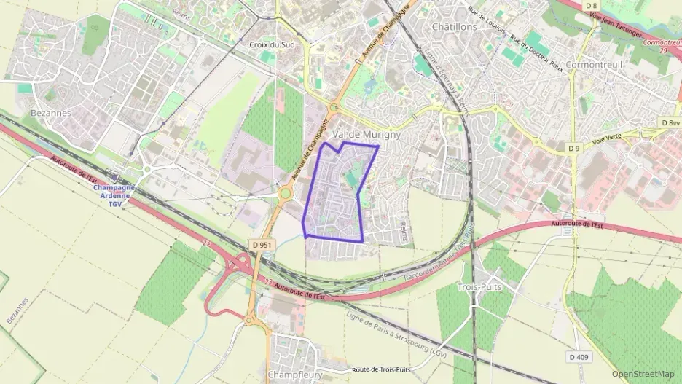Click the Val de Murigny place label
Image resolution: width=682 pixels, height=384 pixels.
pyautogui.click(x=366, y=135)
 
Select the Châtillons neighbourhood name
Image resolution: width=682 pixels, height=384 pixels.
pyautogui.click(x=454, y=26)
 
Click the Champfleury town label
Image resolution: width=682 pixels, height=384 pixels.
pyautogui.click(x=295, y=374)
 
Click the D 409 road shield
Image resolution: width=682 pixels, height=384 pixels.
pyautogui.click(x=578, y=356)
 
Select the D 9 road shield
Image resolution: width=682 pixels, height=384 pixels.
pyautogui.click(x=574, y=148)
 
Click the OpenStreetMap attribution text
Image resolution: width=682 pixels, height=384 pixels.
pyautogui.click(x=643, y=374)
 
